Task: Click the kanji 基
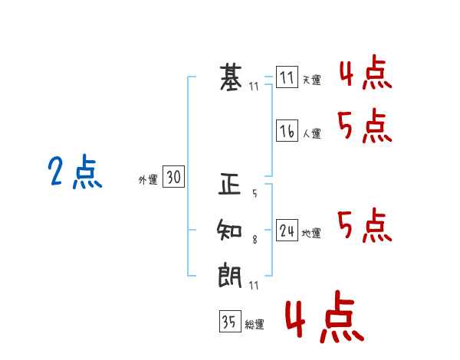click(x=231, y=77)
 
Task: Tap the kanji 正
click(x=230, y=184)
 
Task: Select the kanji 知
click(x=229, y=230)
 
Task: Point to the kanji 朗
click(x=230, y=277)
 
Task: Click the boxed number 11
click(x=287, y=77)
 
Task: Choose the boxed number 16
click(x=287, y=130)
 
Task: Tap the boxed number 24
click(x=287, y=230)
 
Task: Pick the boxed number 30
click(x=174, y=176)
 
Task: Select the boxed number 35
click(x=230, y=321)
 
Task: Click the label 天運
click(x=311, y=80)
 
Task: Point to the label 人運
click(x=311, y=133)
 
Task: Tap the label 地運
click(x=311, y=234)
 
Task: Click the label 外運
click(x=148, y=179)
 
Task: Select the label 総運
click(x=255, y=324)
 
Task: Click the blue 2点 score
click(x=75, y=172)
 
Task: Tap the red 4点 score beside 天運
click(x=366, y=72)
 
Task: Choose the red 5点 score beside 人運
click(x=365, y=126)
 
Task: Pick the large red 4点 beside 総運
click(x=325, y=316)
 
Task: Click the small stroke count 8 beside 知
click(x=255, y=240)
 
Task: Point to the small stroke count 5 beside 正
click(x=255, y=193)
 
